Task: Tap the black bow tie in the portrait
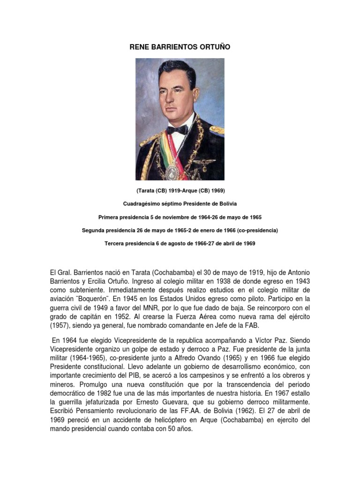tap(177, 129)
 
